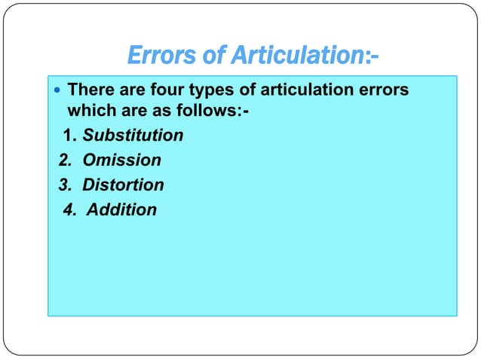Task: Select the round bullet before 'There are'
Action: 58,91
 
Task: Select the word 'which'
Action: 90,112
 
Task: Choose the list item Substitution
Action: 133,136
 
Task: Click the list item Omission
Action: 121,160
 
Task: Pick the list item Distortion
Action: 123,185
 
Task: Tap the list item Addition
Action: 121,209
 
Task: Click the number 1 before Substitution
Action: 69,136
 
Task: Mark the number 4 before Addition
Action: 69,209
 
